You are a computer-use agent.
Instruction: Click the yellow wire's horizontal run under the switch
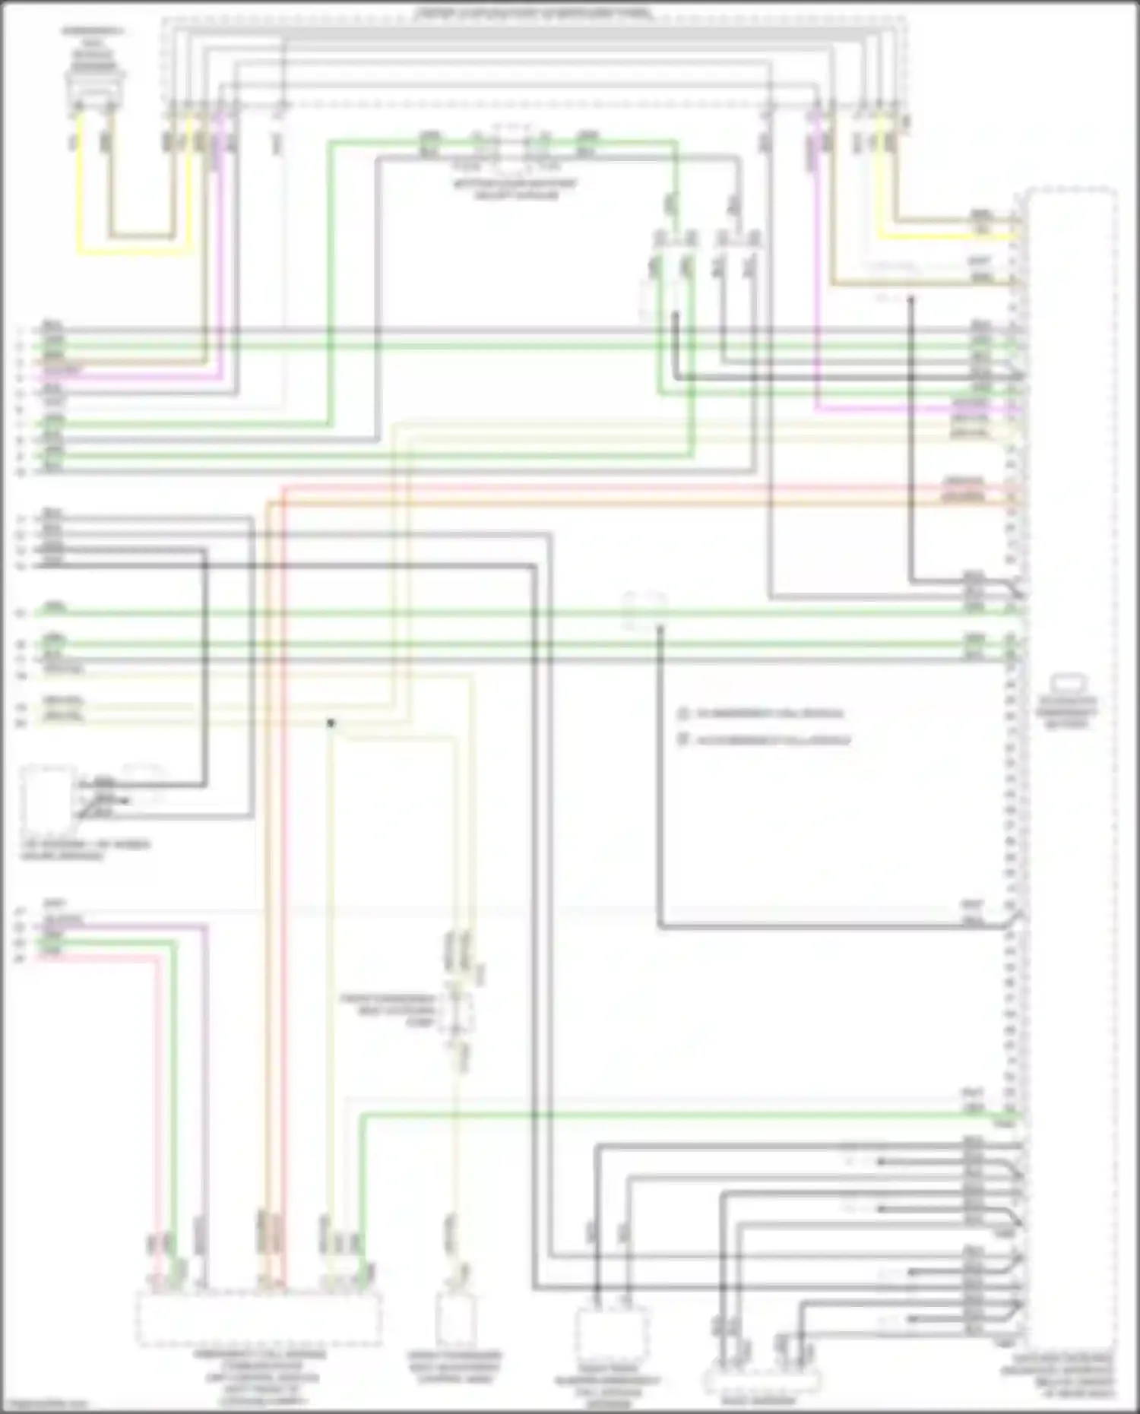[x=133, y=251]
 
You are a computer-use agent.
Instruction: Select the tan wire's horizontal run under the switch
[x=141, y=236]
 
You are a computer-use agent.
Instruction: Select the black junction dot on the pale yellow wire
[x=331, y=723]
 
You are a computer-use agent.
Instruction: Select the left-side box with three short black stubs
[x=48, y=798]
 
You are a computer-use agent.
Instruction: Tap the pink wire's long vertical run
[x=159, y=1117]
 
